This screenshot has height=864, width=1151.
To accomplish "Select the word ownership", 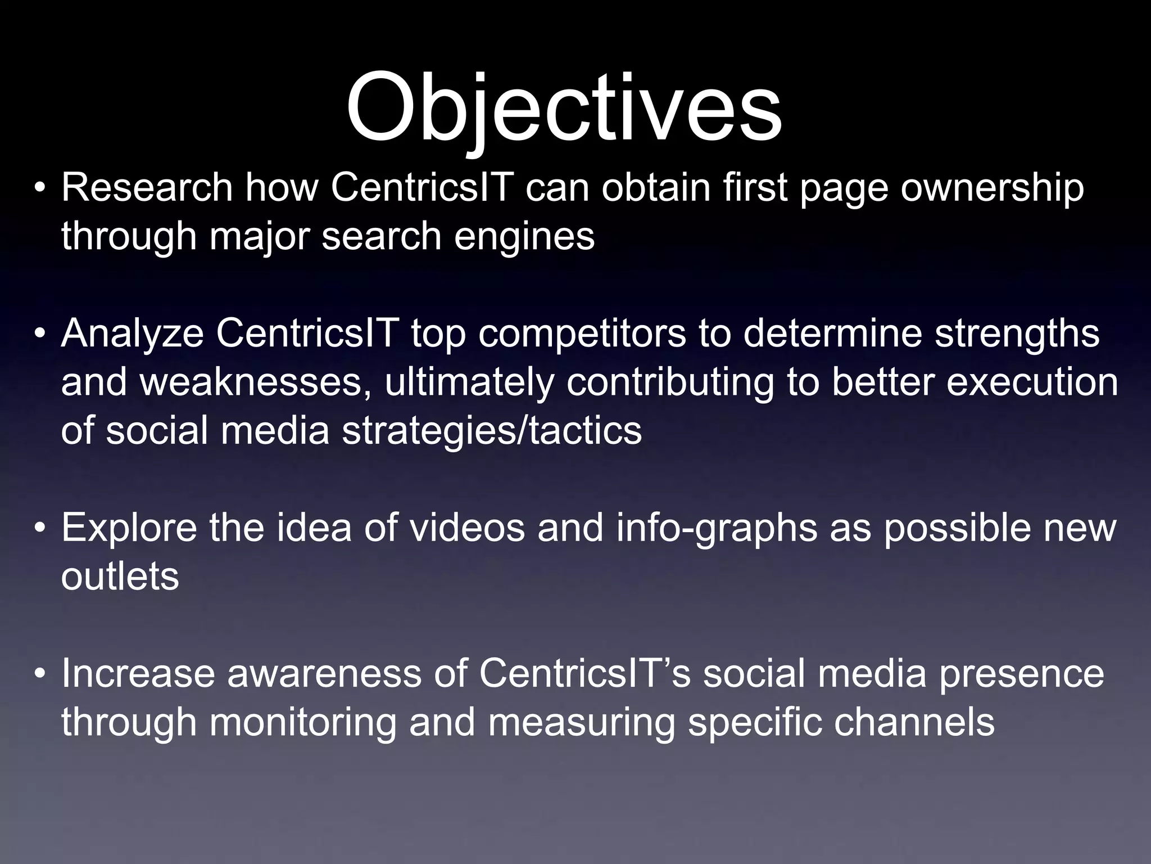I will (992, 188).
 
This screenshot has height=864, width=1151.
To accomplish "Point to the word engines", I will (524, 236).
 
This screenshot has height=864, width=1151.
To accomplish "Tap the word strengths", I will (1017, 334).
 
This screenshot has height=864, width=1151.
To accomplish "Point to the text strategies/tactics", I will (492, 431).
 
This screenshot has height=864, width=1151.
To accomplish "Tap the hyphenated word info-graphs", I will (717, 529).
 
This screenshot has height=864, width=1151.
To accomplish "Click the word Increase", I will (138, 673).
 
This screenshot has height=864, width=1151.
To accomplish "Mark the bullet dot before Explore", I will (39, 529).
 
